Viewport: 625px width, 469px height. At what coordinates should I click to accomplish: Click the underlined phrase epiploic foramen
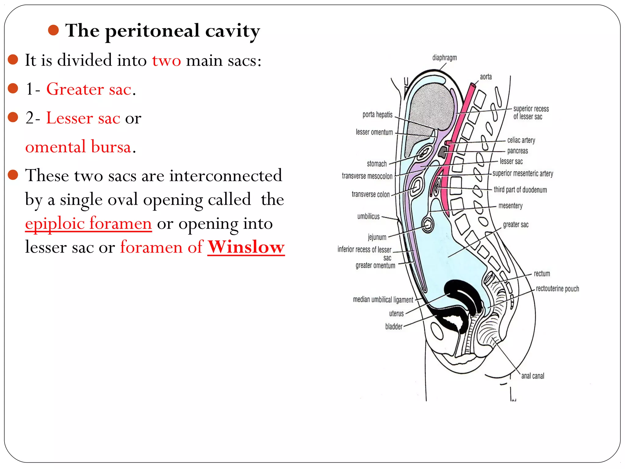89,223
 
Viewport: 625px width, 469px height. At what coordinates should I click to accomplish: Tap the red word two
166,60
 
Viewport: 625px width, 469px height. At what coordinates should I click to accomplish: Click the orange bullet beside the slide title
53,30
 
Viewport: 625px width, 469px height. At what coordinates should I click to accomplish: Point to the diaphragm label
444,58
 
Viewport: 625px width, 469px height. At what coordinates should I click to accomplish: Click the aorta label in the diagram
486,77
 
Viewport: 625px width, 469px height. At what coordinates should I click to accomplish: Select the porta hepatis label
377,115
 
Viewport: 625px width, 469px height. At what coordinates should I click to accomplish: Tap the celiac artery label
521,140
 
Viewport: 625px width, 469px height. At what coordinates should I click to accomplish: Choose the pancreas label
517,151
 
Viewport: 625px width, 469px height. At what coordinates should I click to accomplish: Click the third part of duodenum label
520,190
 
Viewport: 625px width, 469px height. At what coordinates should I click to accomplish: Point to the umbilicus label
368,216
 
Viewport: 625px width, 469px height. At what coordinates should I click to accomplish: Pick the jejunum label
377,237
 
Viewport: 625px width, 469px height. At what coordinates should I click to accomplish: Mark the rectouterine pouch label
557,289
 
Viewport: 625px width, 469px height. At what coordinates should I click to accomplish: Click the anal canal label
533,376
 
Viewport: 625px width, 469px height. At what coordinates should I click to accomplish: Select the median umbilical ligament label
383,300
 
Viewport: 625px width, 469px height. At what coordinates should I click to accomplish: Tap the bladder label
394,327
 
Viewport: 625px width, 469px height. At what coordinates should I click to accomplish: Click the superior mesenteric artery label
522,174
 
